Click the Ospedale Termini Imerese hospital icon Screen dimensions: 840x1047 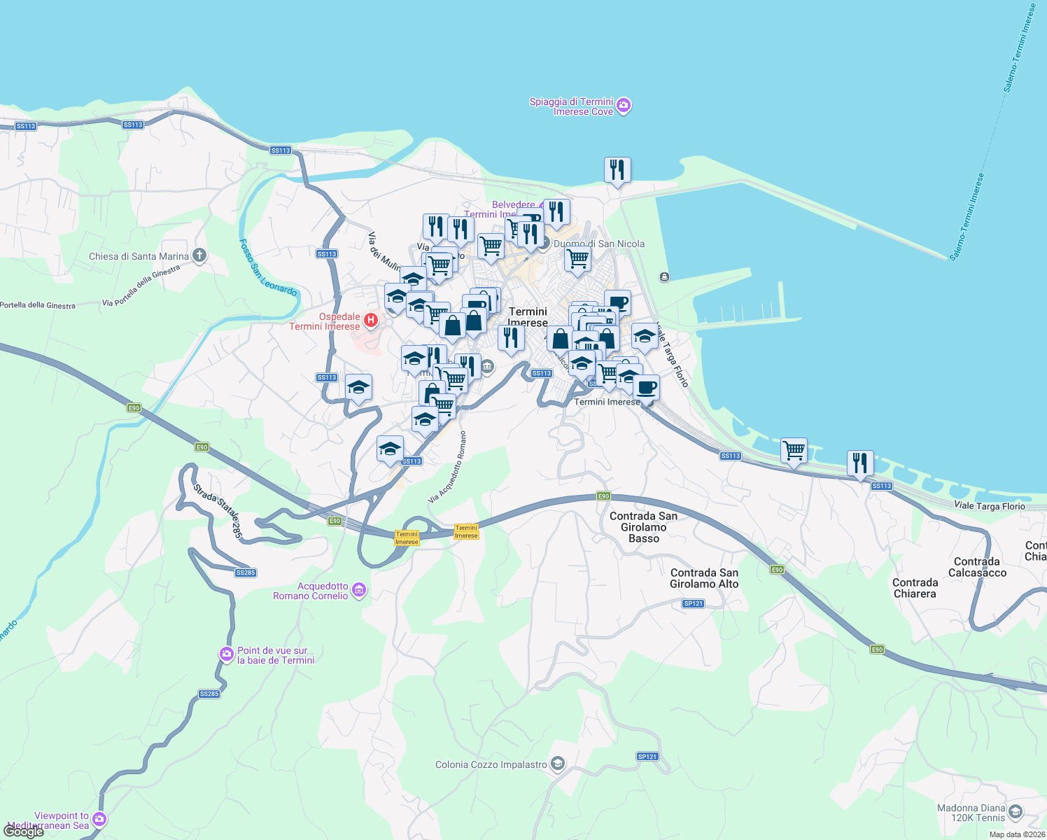(371, 321)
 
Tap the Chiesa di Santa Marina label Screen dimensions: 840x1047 (139, 256)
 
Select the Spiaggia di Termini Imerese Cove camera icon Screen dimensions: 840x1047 (624, 106)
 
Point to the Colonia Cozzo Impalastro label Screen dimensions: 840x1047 (491, 764)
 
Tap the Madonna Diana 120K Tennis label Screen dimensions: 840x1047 (971, 813)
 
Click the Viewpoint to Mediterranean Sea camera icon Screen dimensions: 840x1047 (99, 819)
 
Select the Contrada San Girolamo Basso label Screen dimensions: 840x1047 (643, 527)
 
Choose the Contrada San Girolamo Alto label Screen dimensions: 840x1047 (704, 578)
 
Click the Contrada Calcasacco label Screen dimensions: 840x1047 (977, 567)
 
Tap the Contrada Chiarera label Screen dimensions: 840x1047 (915, 588)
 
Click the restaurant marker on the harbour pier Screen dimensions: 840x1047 (617, 170)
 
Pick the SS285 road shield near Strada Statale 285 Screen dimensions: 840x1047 (246, 573)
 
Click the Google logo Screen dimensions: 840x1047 (24, 832)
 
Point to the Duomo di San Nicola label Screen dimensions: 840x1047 (599, 244)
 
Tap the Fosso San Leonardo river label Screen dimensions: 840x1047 (267, 267)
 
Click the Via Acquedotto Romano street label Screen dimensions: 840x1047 (448, 467)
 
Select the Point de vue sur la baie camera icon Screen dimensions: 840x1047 (226, 654)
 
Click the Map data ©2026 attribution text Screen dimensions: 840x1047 (1017, 834)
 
